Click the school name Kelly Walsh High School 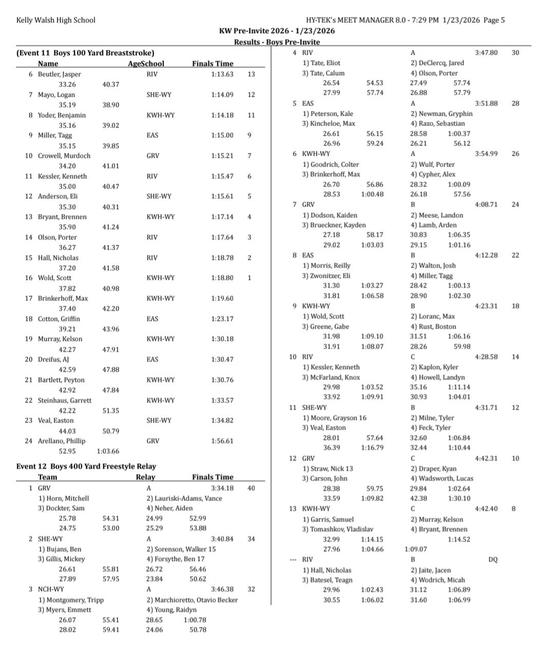click(55, 20)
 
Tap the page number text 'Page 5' click(494, 20)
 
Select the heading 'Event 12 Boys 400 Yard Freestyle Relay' click(86, 466)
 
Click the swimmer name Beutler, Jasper click(59, 74)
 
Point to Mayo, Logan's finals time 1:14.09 click(222, 94)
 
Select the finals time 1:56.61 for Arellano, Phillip click(222, 441)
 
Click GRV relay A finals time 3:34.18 click(222, 488)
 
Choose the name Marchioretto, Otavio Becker click(192, 600)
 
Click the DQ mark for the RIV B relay click(493, 560)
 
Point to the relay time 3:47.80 click(486, 52)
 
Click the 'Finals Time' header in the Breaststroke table click(213, 64)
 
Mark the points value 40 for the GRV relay click(251, 488)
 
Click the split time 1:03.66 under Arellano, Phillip click(108, 451)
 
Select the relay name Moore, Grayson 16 click(334, 418)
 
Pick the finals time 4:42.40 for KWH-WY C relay click(486, 508)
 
